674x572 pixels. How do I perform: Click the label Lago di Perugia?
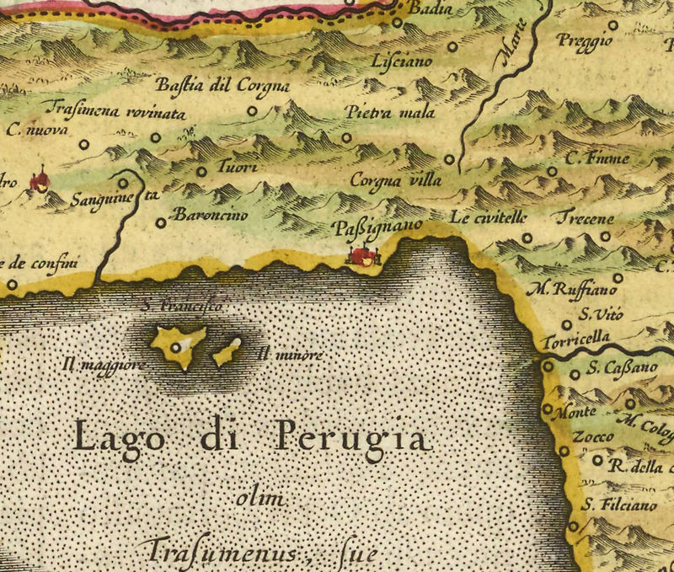[x=250, y=438]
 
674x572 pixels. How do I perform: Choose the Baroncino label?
[x=210, y=216]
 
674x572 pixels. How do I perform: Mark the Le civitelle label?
[x=488, y=217]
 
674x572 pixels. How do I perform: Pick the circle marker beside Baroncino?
[x=161, y=222]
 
